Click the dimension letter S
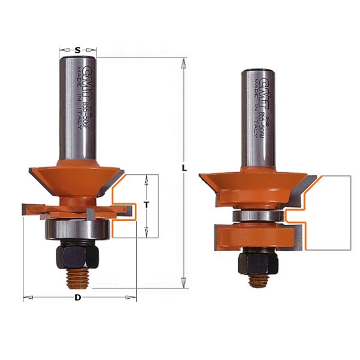(x=79, y=50)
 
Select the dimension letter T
(x=146, y=205)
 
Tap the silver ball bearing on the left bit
(x=77, y=229)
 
